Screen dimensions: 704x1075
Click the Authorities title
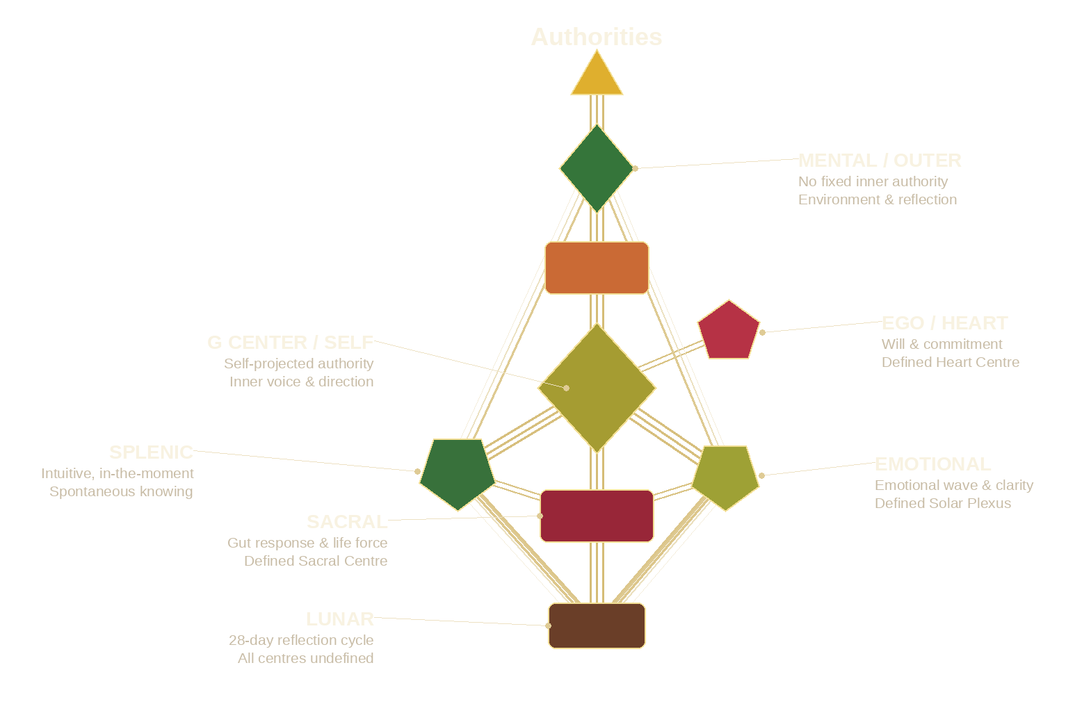click(596, 37)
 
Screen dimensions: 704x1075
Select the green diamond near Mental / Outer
click(597, 168)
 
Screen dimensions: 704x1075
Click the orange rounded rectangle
click(597, 268)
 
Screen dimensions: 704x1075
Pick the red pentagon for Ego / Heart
click(728, 331)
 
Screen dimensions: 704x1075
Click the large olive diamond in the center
click(597, 388)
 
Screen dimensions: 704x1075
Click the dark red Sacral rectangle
click(597, 516)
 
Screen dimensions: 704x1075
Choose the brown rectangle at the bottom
click(597, 625)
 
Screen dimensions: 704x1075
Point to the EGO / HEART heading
click(944, 323)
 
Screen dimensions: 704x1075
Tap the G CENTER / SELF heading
click(290, 343)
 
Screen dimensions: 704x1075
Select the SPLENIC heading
click(151, 452)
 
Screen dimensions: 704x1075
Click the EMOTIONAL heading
click(932, 464)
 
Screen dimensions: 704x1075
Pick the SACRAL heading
click(347, 522)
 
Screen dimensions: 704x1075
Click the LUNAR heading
click(339, 619)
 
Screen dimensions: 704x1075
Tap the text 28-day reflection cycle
click(301, 640)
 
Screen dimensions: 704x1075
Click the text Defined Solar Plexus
click(942, 503)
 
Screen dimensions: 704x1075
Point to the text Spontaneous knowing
click(121, 491)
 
